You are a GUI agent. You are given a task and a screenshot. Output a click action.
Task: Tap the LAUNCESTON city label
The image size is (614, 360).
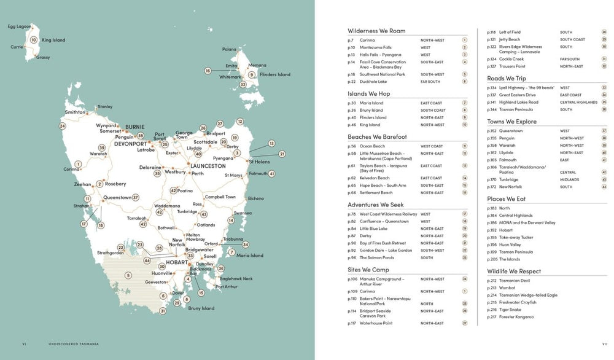pyautogui.click(x=208, y=166)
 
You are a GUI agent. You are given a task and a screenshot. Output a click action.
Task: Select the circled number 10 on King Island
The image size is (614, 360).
pyautogui.click(x=34, y=40)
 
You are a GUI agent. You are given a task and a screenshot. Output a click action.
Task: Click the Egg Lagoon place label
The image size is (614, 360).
pyautogui.click(x=18, y=26)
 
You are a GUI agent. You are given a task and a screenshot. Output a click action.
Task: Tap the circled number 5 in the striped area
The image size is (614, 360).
pyautogui.click(x=128, y=275)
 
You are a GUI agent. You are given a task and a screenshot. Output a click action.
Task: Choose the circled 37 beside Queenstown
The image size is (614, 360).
pyautogui.click(x=136, y=198)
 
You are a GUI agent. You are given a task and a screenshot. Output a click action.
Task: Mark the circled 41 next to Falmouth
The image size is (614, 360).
pyautogui.click(x=271, y=174)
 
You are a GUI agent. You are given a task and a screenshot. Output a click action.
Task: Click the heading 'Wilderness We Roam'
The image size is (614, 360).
pyautogui.click(x=376, y=31)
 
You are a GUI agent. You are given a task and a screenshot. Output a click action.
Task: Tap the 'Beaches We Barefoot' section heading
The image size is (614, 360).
pyautogui.click(x=377, y=136)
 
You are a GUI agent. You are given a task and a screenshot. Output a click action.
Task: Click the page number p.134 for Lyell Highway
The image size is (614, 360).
pyautogui.click(x=491, y=88)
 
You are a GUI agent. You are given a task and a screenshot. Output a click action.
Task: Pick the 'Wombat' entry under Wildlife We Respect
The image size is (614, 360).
pyautogui.click(x=508, y=288)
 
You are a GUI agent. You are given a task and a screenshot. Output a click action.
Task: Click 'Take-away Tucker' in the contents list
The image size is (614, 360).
pyautogui.click(x=516, y=237)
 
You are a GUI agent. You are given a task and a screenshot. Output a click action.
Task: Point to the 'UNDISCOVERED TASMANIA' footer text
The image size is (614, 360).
pyautogui.click(x=74, y=344)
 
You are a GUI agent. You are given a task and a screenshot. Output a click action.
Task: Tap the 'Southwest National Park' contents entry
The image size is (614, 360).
pyautogui.click(x=383, y=74)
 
